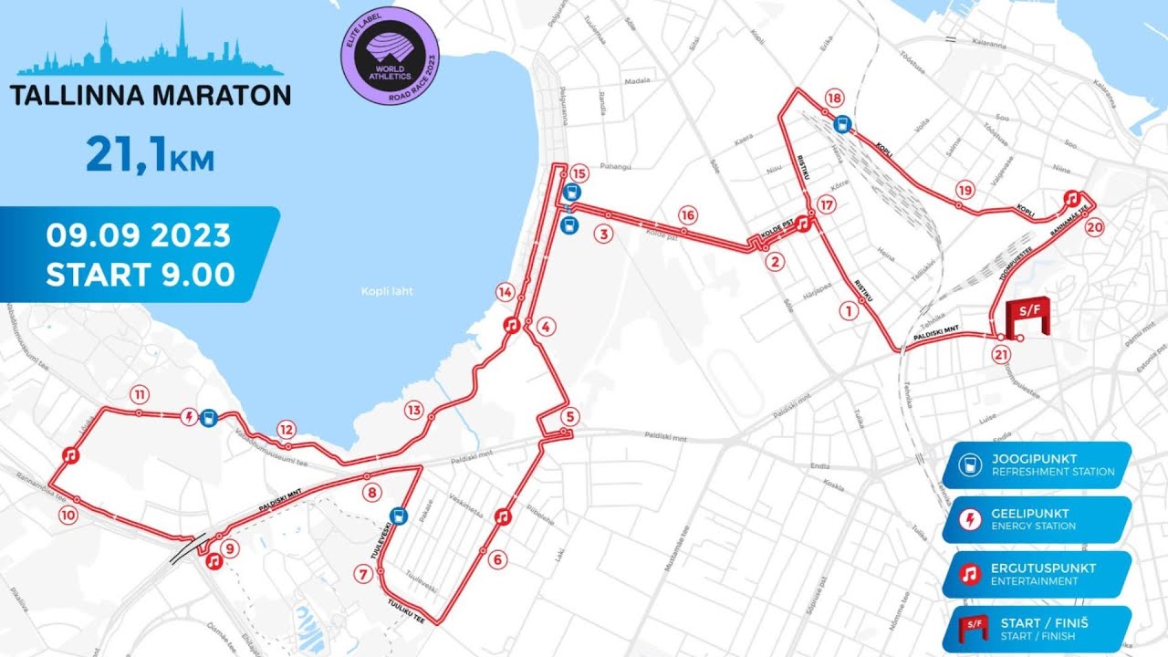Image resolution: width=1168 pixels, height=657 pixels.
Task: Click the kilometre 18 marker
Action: pyautogui.click(x=832, y=98)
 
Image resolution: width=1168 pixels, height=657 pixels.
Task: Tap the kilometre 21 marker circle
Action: pyautogui.click(x=1002, y=355)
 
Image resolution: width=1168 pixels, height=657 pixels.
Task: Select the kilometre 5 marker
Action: pyautogui.click(x=570, y=418)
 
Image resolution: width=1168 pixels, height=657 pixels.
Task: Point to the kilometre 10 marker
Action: pyautogui.click(x=68, y=515)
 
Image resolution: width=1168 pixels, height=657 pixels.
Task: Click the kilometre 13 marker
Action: pyautogui.click(x=415, y=410)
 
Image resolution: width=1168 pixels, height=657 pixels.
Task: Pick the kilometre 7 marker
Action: pyautogui.click(x=364, y=574)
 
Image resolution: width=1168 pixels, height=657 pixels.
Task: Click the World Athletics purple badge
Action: pyautogui.click(x=390, y=57)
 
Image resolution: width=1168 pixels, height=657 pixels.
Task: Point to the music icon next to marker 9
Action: pyautogui.click(x=213, y=561)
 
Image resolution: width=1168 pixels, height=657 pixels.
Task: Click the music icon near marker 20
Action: pyautogui.click(x=1074, y=197)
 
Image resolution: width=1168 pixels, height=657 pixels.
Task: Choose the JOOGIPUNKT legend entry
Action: pyautogui.click(x=1037, y=465)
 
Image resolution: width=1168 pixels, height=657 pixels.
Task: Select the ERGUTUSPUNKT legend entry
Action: pyautogui.click(x=1037, y=574)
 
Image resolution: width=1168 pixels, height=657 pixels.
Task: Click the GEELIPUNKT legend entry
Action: pyautogui.click(x=1037, y=519)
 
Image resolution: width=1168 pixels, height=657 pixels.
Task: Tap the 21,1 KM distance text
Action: pyautogui.click(x=150, y=154)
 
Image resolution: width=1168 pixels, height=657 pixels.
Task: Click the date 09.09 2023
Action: pyautogui.click(x=139, y=235)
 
